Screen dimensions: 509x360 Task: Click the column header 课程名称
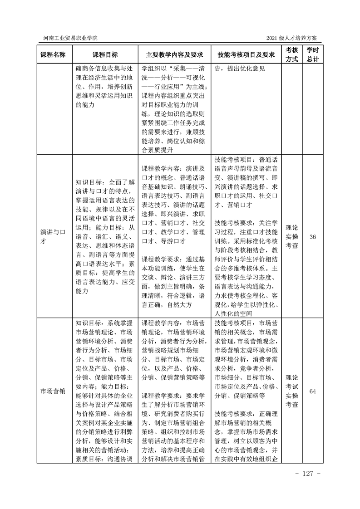[x=53, y=54]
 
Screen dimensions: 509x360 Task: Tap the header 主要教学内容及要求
[x=173, y=54]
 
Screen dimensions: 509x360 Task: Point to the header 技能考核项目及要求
[x=246, y=54]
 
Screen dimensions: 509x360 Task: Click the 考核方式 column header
[x=291, y=54]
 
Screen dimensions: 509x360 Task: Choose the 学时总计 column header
[x=312, y=54]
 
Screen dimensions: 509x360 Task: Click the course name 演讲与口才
[x=53, y=237]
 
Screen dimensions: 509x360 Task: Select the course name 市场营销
[x=53, y=391]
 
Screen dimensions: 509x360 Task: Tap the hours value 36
[x=312, y=237]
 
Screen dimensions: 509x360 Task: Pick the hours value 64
[x=312, y=391]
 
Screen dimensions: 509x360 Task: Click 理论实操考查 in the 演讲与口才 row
[x=291, y=237]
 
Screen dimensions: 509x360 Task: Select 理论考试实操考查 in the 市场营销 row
[x=291, y=391]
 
